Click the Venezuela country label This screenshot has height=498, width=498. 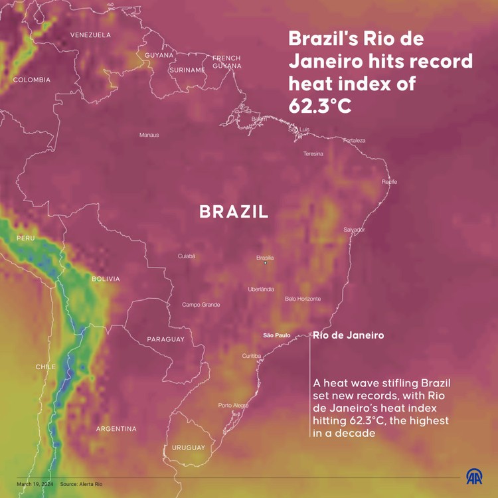pyautogui.click(x=90, y=35)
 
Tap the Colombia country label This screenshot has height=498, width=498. pyautogui.click(x=31, y=80)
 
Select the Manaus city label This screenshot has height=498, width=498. pyautogui.click(x=149, y=135)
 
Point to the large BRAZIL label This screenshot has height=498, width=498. pyautogui.click(x=234, y=212)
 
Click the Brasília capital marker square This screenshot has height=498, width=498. pyautogui.click(x=266, y=263)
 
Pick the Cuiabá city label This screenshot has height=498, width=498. pyautogui.click(x=187, y=256)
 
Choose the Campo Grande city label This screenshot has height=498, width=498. pyautogui.click(x=201, y=305)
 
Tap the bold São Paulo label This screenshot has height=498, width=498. pyautogui.click(x=276, y=335)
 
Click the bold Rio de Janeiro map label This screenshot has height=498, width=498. pyautogui.click(x=348, y=335)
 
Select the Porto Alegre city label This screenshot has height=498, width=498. pyautogui.click(x=233, y=405)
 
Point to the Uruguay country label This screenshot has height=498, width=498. pyautogui.click(x=189, y=448)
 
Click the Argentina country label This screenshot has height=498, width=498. pyautogui.click(x=116, y=429)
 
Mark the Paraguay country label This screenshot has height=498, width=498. pyautogui.click(x=165, y=339)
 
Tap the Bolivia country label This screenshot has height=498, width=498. pyautogui.click(x=106, y=279)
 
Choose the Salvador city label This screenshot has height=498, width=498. pyautogui.click(x=354, y=230)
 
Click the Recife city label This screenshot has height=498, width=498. pyautogui.click(x=389, y=181)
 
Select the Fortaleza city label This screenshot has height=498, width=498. pyautogui.click(x=354, y=140)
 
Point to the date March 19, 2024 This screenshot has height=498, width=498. pyautogui.click(x=35, y=484)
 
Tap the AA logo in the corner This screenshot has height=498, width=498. pyautogui.click(x=474, y=477)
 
